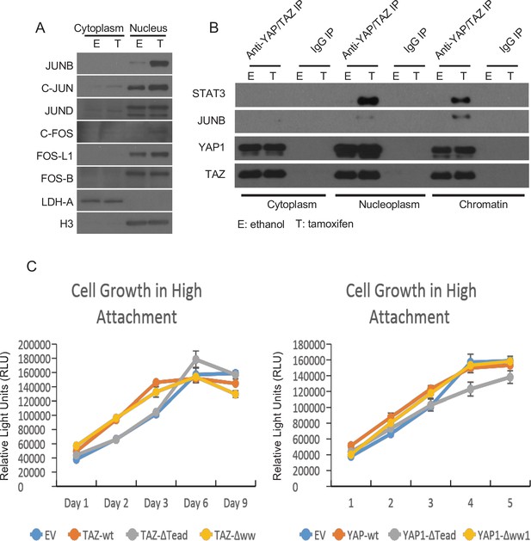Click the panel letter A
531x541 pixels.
(40, 28)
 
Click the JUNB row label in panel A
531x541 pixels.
(59, 65)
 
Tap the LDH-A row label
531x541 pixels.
(58, 202)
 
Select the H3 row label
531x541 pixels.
(66, 224)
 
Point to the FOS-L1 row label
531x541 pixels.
(54, 157)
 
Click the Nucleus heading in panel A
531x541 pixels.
(148, 28)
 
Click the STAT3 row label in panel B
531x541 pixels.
(208, 94)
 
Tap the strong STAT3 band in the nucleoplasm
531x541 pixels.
(368, 101)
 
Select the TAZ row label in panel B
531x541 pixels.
(215, 175)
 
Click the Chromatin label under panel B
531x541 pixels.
(483, 204)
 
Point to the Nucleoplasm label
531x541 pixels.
(389, 204)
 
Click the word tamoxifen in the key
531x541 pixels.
(330, 224)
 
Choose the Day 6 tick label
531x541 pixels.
(195, 503)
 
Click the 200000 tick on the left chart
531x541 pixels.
(34, 345)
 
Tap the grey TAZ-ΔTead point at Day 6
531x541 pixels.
(195, 360)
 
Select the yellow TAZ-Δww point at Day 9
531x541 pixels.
(235, 394)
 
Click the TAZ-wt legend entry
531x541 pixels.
(91, 535)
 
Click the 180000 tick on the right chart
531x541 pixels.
(309, 345)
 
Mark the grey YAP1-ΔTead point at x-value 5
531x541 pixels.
(510, 378)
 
